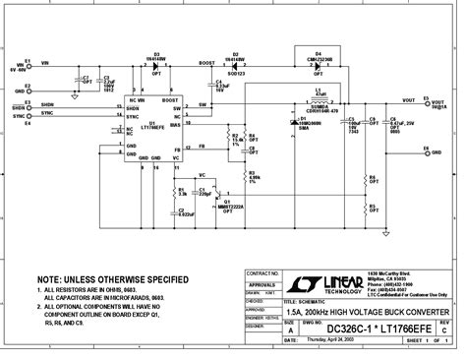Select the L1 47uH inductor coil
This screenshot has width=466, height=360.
pyautogui.click(x=318, y=100)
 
